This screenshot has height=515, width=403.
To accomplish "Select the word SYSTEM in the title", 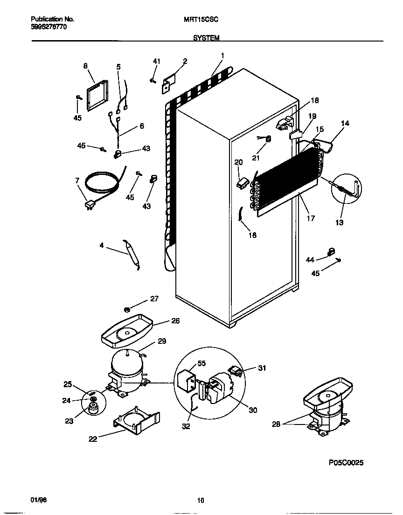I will [x=206, y=38].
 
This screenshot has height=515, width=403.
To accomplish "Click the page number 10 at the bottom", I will [x=201, y=501].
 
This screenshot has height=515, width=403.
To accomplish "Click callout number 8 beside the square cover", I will [x=85, y=66].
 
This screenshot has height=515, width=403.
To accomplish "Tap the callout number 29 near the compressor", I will [x=161, y=341].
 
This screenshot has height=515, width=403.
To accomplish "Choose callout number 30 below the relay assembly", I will [x=252, y=410].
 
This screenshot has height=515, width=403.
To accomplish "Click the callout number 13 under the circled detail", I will [x=339, y=223].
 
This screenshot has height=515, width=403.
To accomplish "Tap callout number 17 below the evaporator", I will [x=311, y=218].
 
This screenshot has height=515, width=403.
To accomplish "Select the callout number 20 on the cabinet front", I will [x=238, y=162].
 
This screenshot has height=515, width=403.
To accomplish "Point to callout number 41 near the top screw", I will [x=156, y=61].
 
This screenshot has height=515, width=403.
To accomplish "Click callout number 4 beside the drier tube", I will [x=101, y=244].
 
